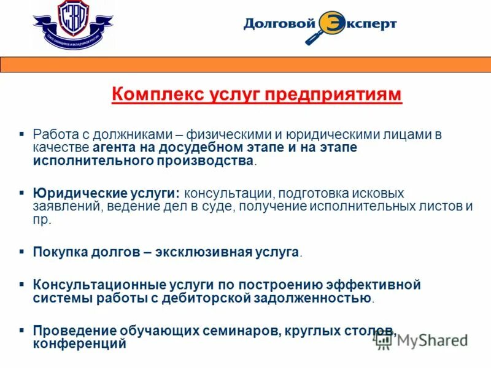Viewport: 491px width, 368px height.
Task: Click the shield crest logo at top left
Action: point(72,24)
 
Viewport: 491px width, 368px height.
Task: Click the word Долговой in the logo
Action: point(279,25)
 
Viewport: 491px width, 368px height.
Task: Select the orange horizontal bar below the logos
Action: point(245,64)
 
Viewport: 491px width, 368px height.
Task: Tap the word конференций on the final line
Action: point(80,344)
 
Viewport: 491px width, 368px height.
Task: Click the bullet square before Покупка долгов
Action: point(21,251)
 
